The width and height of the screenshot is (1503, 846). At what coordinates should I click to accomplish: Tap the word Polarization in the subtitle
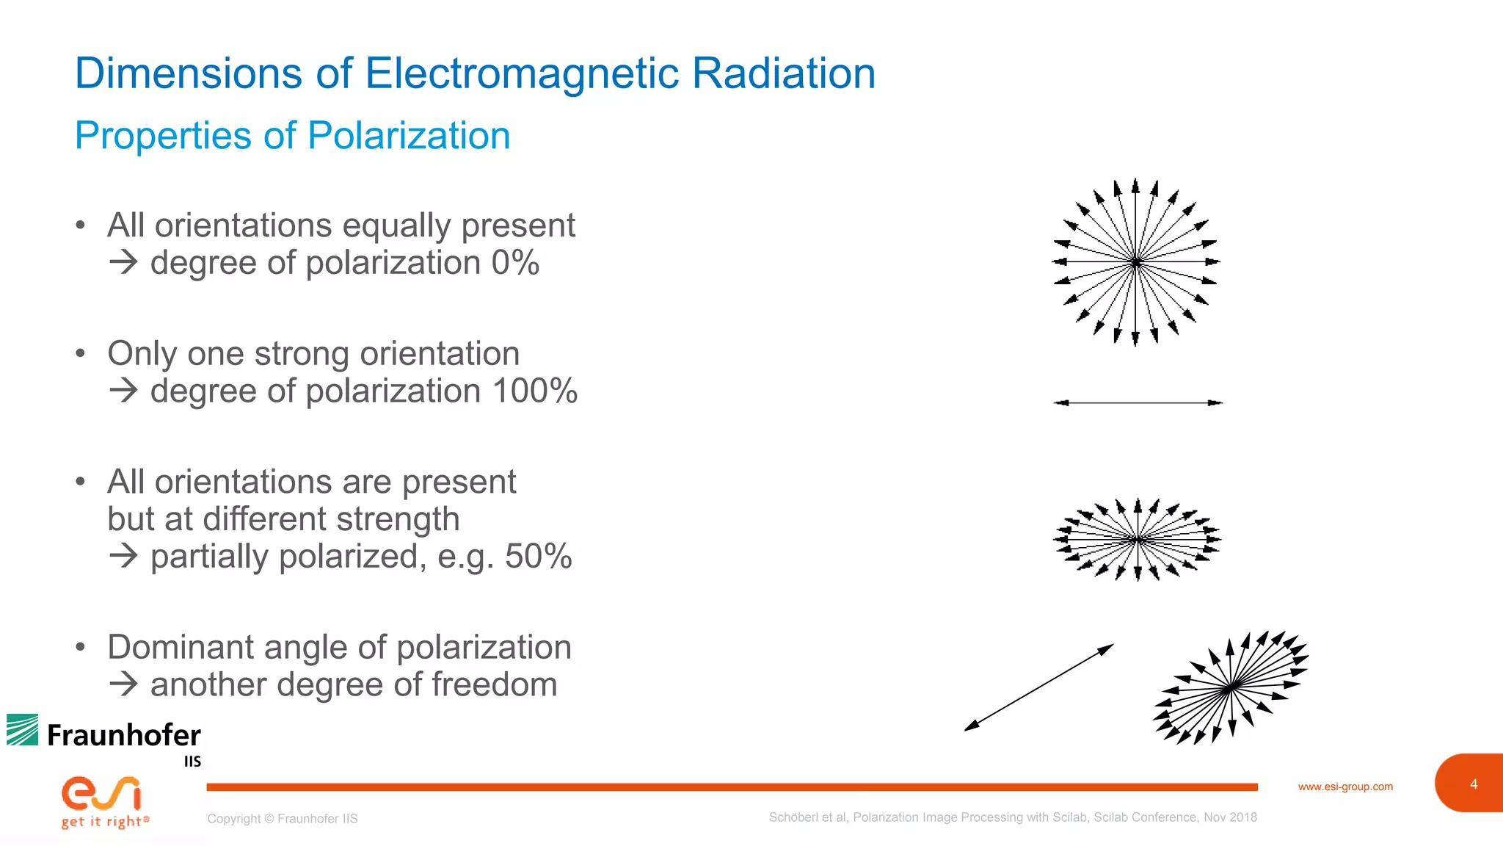coord(408,136)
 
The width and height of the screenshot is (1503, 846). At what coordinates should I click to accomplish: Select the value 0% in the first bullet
coord(515,263)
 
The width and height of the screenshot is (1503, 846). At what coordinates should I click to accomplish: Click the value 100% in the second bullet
coord(534,391)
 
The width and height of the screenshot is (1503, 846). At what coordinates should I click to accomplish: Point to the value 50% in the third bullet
coord(538,556)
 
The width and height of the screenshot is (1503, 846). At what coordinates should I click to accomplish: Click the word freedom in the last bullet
coord(494,684)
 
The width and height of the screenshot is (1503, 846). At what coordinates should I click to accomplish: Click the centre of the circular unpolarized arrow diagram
coord(1135,261)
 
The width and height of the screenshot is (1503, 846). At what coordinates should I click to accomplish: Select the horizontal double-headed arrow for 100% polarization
coord(1138,402)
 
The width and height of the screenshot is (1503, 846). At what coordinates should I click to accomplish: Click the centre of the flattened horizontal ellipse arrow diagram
coord(1137,540)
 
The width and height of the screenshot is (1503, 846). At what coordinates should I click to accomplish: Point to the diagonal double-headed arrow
coord(1038,687)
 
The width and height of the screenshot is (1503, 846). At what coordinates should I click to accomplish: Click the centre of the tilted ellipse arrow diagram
coord(1231,687)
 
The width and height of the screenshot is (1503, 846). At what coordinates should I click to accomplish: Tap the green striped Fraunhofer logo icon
coord(23,730)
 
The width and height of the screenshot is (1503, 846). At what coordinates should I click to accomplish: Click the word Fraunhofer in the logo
coord(123,735)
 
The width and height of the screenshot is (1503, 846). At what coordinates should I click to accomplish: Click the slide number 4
coord(1474,784)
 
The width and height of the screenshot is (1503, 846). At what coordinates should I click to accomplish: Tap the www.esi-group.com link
coord(1345,787)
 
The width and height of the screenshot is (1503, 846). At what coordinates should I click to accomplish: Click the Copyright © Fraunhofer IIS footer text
coord(283,819)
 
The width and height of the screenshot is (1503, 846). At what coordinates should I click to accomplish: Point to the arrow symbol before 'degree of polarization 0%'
coord(123,262)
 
